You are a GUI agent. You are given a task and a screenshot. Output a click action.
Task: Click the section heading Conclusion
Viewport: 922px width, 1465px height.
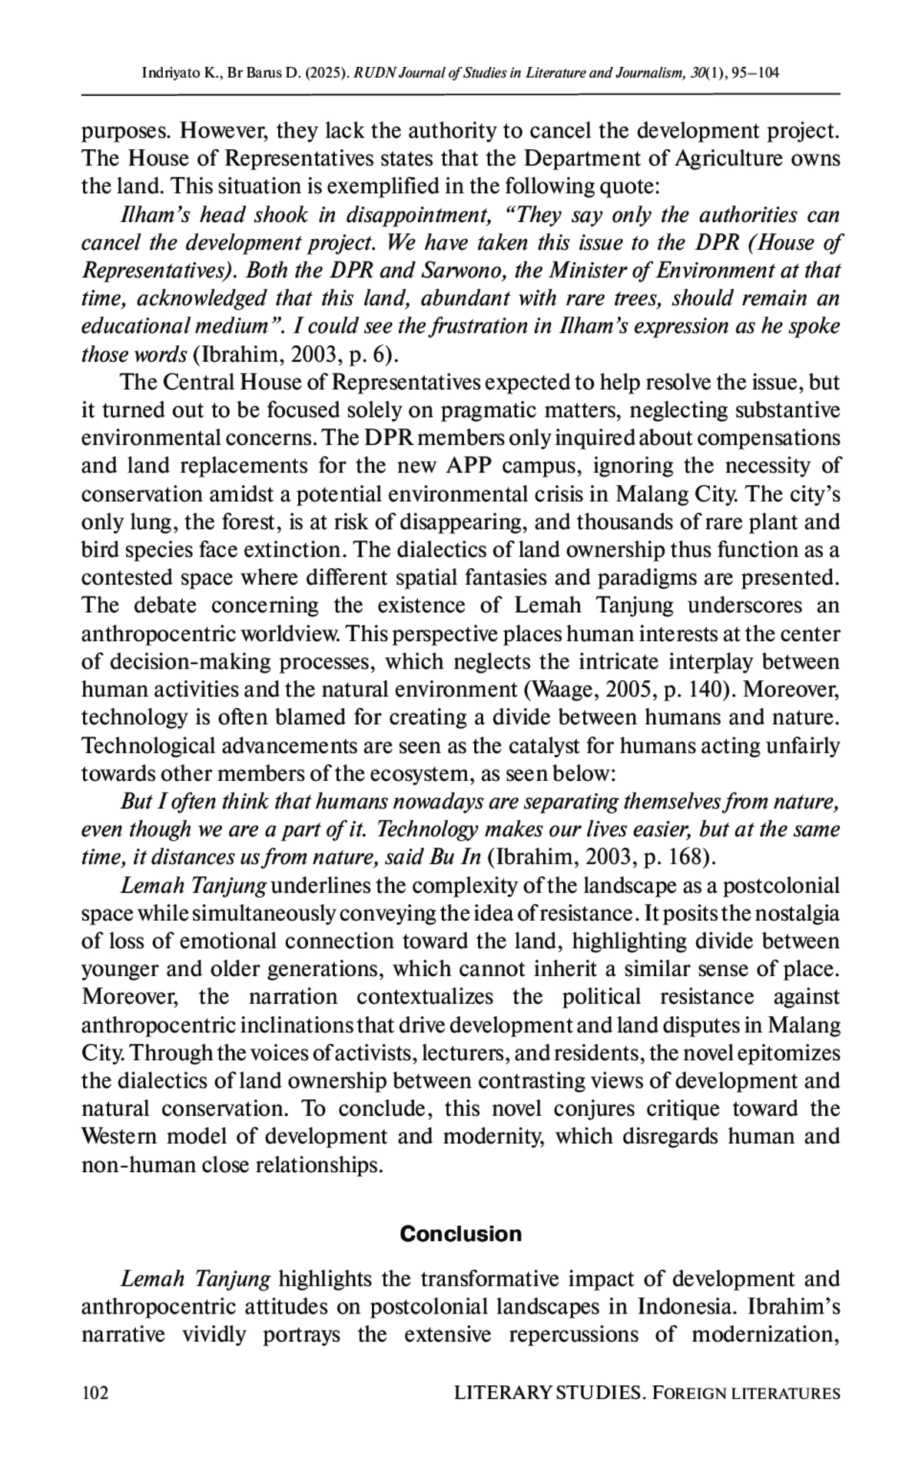(x=460, y=1234)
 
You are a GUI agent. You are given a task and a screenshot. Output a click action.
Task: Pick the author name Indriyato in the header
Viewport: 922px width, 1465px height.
(x=167, y=74)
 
